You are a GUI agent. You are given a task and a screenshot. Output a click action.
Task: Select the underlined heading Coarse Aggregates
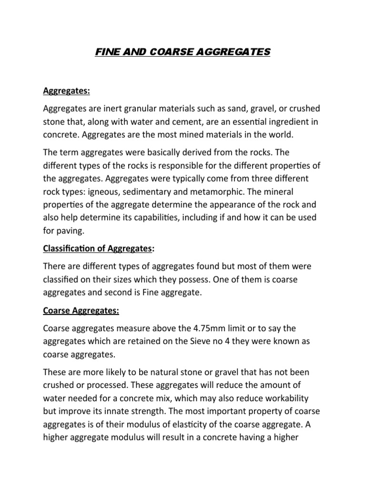click(81, 310)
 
